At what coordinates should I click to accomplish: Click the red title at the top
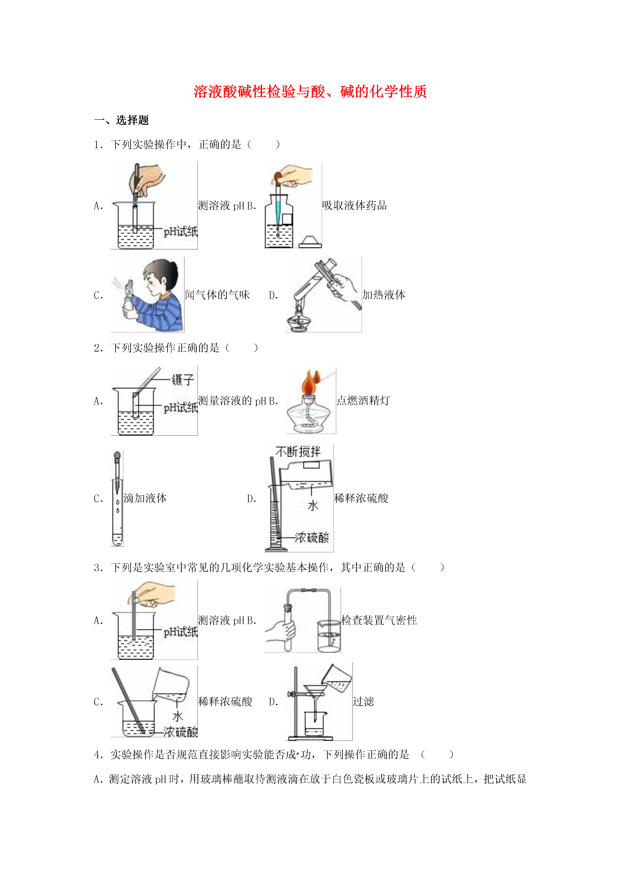(310, 92)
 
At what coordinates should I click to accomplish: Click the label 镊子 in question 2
(183, 380)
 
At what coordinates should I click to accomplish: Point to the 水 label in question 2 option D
(313, 506)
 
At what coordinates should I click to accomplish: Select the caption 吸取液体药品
(354, 205)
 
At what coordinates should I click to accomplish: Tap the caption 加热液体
(383, 295)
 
